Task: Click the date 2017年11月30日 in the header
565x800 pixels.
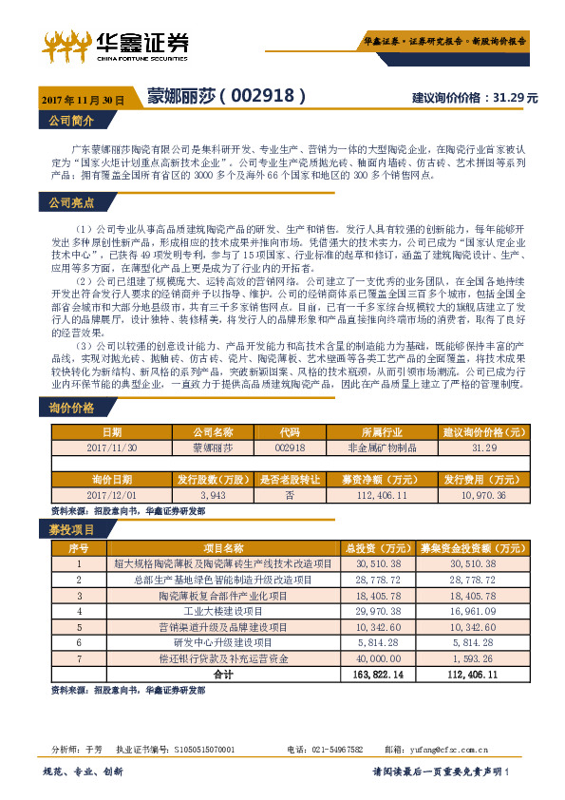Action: pos(84,99)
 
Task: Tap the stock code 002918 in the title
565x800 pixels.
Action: pos(269,96)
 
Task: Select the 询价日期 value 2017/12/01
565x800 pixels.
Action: pos(112,495)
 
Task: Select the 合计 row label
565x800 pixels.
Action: pos(222,674)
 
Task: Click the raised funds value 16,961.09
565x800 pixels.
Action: pos(471,611)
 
